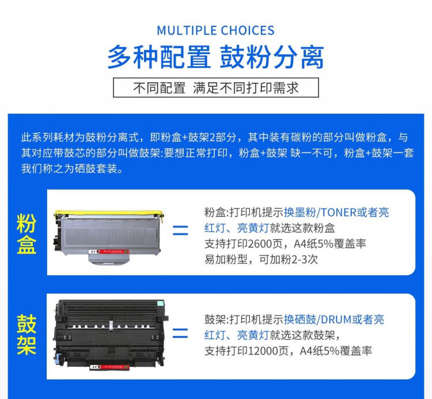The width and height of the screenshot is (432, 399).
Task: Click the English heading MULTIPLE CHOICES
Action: tap(215, 30)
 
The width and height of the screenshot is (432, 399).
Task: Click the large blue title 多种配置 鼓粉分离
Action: tap(215, 57)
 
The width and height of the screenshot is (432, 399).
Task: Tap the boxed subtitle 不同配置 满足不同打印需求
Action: tap(215, 88)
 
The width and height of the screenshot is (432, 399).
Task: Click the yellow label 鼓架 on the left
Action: tap(26, 335)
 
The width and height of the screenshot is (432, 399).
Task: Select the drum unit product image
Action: tap(109, 333)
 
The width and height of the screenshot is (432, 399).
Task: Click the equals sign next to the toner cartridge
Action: tap(180, 231)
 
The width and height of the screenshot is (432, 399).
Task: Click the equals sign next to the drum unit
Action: tap(180, 333)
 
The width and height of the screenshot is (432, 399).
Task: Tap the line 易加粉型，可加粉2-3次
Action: tap(261, 259)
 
